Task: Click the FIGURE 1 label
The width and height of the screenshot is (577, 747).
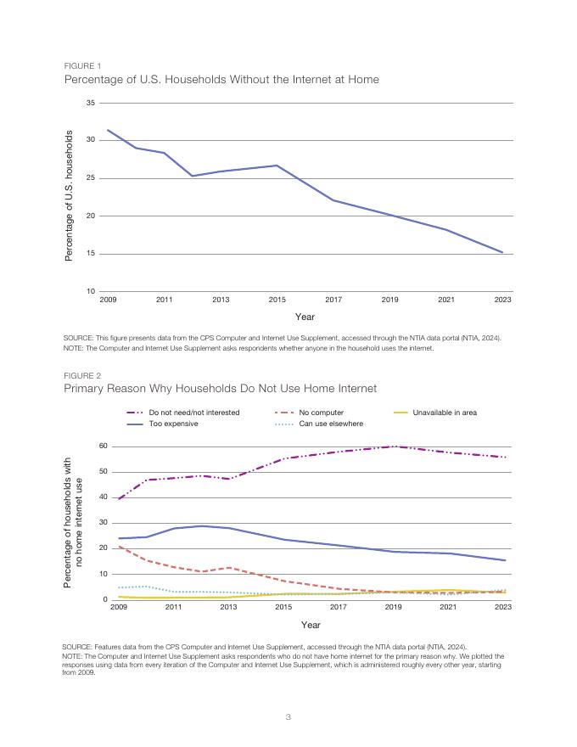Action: point(82,66)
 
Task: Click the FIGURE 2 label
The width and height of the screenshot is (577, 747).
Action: point(82,375)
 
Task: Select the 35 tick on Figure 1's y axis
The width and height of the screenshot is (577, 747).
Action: point(90,103)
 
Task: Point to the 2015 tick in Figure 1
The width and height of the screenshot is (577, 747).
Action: point(277,300)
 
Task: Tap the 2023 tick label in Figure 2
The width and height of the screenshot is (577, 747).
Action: point(502,607)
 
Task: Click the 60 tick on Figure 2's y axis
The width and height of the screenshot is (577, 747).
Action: point(102,446)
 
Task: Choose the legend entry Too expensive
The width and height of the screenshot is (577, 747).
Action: point(173,424)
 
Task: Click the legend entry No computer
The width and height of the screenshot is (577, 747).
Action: point(322,413)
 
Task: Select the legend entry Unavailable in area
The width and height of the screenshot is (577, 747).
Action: point(445,413)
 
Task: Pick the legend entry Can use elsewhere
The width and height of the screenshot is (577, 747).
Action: point(331,424)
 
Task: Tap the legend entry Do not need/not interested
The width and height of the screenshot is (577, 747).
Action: point(193,413)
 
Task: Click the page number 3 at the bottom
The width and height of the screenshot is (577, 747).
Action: point(288,717)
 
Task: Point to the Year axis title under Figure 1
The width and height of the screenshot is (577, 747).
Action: point(305,317)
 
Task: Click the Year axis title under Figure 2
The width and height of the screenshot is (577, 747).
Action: point(311,625)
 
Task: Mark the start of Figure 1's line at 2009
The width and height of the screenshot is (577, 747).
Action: point(108,130)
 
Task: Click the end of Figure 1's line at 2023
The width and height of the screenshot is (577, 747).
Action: point(502,252)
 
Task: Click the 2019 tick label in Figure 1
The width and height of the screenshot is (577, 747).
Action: point(389,300)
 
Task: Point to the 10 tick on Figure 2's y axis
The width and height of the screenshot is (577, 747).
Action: point(102,574)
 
